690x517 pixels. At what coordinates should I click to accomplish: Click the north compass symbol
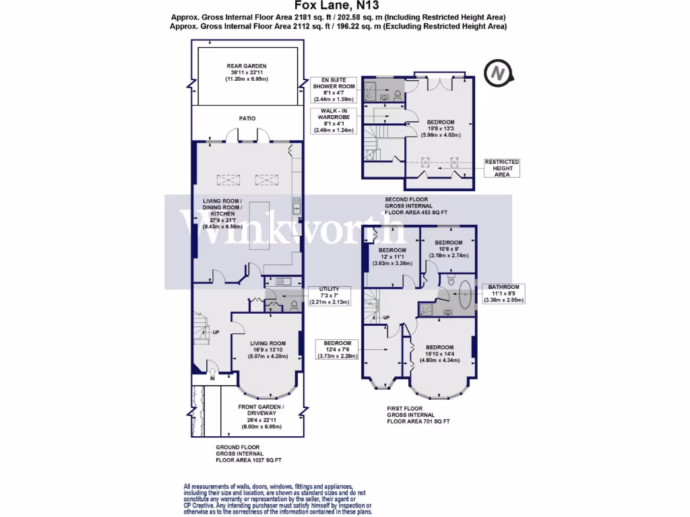498,73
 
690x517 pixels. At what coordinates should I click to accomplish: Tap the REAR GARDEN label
246,73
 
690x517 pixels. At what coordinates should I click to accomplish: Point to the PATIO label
246,118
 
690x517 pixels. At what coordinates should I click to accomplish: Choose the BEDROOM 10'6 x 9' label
448,249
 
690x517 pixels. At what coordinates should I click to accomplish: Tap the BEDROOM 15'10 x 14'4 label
439,353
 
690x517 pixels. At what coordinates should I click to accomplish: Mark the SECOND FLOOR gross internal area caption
416,206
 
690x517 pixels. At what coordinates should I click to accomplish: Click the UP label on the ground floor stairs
216,333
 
